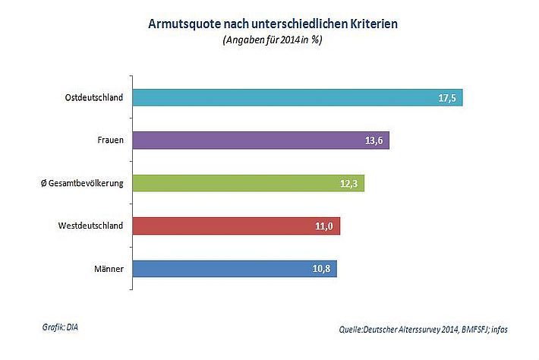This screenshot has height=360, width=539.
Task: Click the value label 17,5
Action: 446,98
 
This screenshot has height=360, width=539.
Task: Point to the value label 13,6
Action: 372,141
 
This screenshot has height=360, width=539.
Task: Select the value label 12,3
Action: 348,183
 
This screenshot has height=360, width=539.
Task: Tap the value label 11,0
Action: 323,226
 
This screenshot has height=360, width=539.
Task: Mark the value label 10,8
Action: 320,268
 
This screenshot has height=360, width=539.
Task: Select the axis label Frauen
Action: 111,141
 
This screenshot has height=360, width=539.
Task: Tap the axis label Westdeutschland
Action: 93,226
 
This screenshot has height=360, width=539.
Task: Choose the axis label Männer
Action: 109,268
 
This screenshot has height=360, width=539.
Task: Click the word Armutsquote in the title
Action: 182,24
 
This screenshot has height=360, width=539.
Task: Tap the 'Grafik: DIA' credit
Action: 60,327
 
